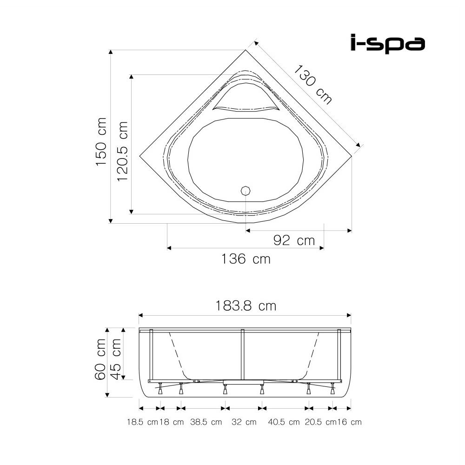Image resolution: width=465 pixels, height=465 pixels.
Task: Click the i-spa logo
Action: [x=388, y=43]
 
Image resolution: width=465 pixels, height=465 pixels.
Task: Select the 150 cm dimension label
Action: [x=101, y=141]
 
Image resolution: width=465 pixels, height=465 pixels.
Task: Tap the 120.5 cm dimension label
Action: [x=122, y=151]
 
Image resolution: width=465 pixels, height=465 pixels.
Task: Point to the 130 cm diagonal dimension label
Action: [x=312, y=85]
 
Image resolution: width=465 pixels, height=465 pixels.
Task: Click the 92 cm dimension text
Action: [x=294, y=240]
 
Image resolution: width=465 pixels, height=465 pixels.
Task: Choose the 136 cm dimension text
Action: [x=246, y=259]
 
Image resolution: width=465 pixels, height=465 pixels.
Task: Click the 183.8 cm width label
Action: [x=246, y=306]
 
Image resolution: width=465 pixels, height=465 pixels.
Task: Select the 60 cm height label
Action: [x=100, y=359]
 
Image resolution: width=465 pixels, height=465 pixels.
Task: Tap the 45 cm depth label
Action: [x=116, y=359]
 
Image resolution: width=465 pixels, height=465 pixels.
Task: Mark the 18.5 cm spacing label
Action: [x=143, y=422]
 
